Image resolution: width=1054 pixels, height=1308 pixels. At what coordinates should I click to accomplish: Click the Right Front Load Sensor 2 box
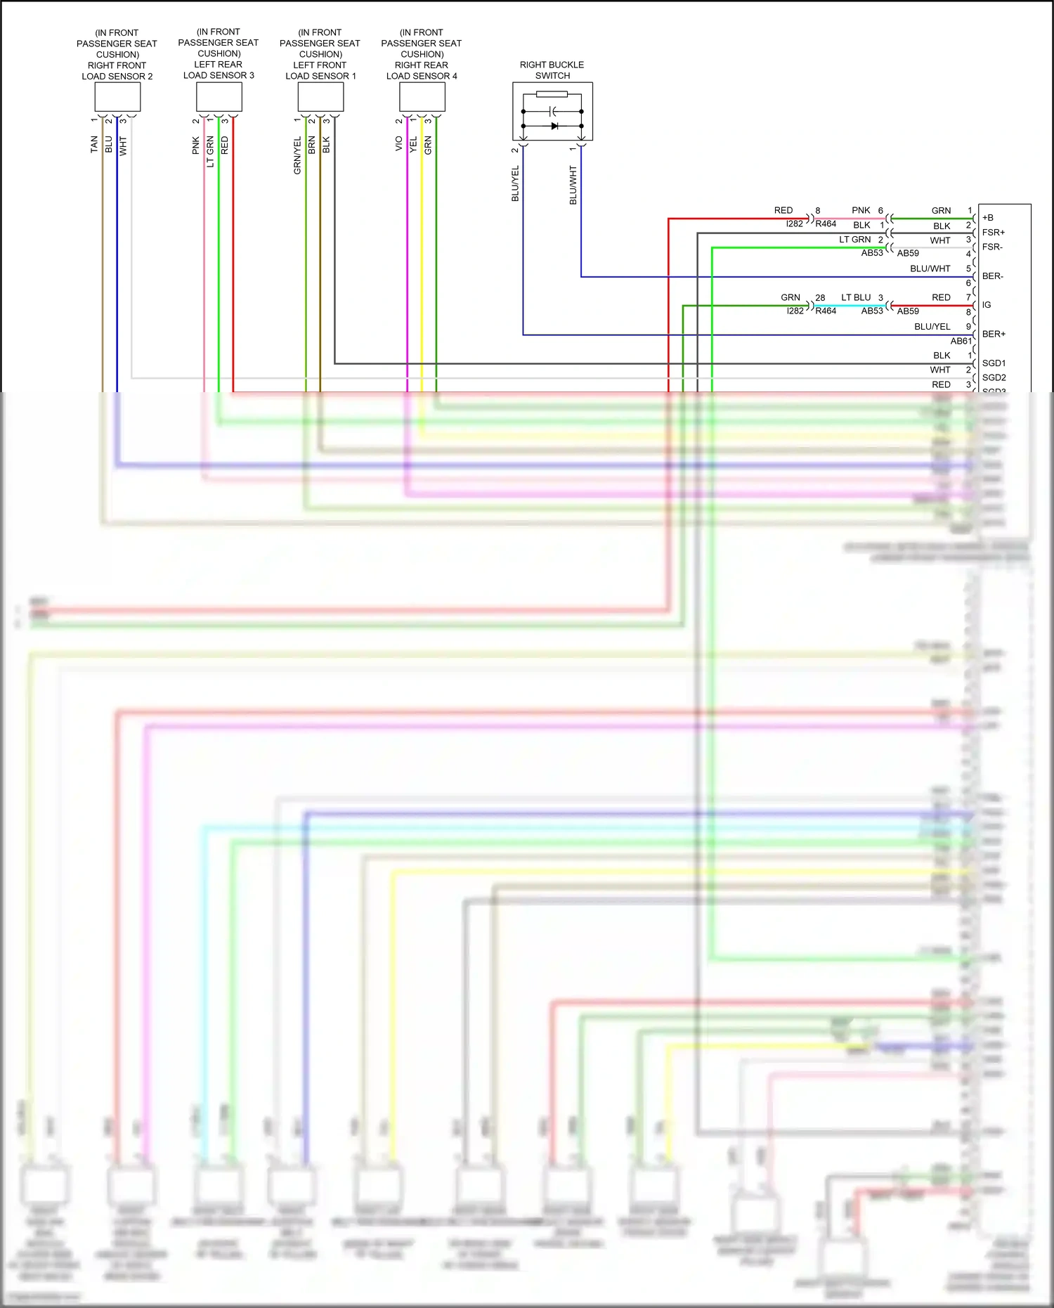117,97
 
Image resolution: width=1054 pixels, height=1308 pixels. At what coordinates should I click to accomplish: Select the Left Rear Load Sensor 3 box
219,96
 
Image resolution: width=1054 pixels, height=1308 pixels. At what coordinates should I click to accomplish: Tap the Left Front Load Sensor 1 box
320,97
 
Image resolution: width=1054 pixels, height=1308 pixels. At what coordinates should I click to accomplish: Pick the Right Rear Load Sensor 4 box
422,97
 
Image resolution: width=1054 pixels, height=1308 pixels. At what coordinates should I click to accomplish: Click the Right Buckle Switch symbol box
552,111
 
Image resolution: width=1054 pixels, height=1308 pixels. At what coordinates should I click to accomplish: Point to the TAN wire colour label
94,145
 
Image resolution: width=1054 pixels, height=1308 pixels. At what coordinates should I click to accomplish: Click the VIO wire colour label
398,144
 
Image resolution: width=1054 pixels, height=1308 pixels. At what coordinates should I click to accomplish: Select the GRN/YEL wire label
297,155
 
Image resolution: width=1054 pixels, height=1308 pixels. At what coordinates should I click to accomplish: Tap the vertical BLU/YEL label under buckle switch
515,183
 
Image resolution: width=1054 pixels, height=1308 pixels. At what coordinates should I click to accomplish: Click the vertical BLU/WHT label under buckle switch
573,186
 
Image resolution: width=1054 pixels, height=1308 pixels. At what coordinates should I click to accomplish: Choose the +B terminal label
988,218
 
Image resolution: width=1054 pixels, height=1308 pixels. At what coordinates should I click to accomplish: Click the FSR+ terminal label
994,233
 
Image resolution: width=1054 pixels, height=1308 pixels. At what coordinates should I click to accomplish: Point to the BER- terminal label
993,276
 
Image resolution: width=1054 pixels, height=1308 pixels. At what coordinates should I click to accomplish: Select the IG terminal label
987,305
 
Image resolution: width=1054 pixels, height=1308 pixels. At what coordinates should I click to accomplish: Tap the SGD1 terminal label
994,363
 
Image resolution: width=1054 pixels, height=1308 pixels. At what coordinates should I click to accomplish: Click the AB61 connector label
961,341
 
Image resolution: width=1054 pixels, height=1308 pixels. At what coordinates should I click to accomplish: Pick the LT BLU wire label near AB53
856,298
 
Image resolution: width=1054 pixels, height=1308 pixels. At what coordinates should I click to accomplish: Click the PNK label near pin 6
861,211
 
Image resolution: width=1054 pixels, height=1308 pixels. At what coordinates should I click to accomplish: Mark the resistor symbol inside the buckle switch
552,94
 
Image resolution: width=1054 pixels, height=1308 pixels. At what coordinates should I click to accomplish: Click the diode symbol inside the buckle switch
554,127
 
